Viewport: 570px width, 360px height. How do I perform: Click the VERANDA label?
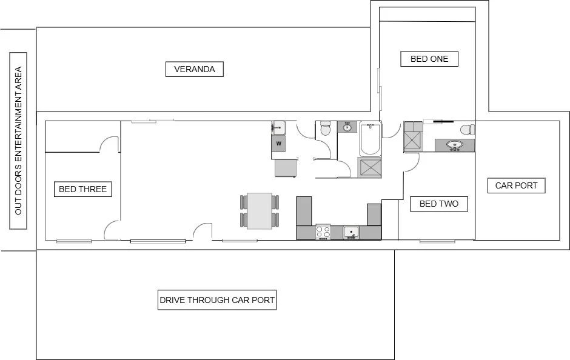click(x=194, y=69)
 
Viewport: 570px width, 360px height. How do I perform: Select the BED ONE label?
click(x=429, y=59)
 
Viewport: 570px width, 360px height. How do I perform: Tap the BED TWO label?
click(x=438, y=204)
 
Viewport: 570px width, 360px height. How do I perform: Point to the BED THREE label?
click(x=82, y=189)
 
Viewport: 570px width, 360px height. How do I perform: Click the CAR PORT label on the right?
click(x=516, y=185)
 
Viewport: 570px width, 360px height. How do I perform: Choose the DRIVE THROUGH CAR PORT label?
click(x=216, y=300)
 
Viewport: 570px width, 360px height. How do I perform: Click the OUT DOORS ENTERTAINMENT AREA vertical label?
click(x=18, y=140)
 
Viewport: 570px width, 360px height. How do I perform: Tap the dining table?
click(x=260, y=211)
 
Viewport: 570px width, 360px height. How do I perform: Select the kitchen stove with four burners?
click(x=323, y=232)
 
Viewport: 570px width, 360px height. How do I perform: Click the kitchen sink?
click(x=351, y=232)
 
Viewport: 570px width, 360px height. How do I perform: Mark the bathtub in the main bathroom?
click(x=369, y=139)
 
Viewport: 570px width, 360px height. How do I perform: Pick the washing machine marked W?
click(x=279, y=143)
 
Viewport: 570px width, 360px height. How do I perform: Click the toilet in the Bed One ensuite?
click(x=466, y=129)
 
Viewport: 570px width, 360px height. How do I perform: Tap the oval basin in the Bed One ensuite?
click(x=454, y=145)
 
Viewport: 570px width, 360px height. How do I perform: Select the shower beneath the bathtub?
click(x=369, y=167)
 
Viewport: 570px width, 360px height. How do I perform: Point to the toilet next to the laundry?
click(x=325, y=128)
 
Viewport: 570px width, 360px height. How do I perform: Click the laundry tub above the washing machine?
click(x=279, y=127)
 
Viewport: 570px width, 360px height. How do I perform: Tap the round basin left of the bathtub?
click(x=347, y=128)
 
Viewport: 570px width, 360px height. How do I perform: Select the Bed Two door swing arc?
click(x=411, y=161)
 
